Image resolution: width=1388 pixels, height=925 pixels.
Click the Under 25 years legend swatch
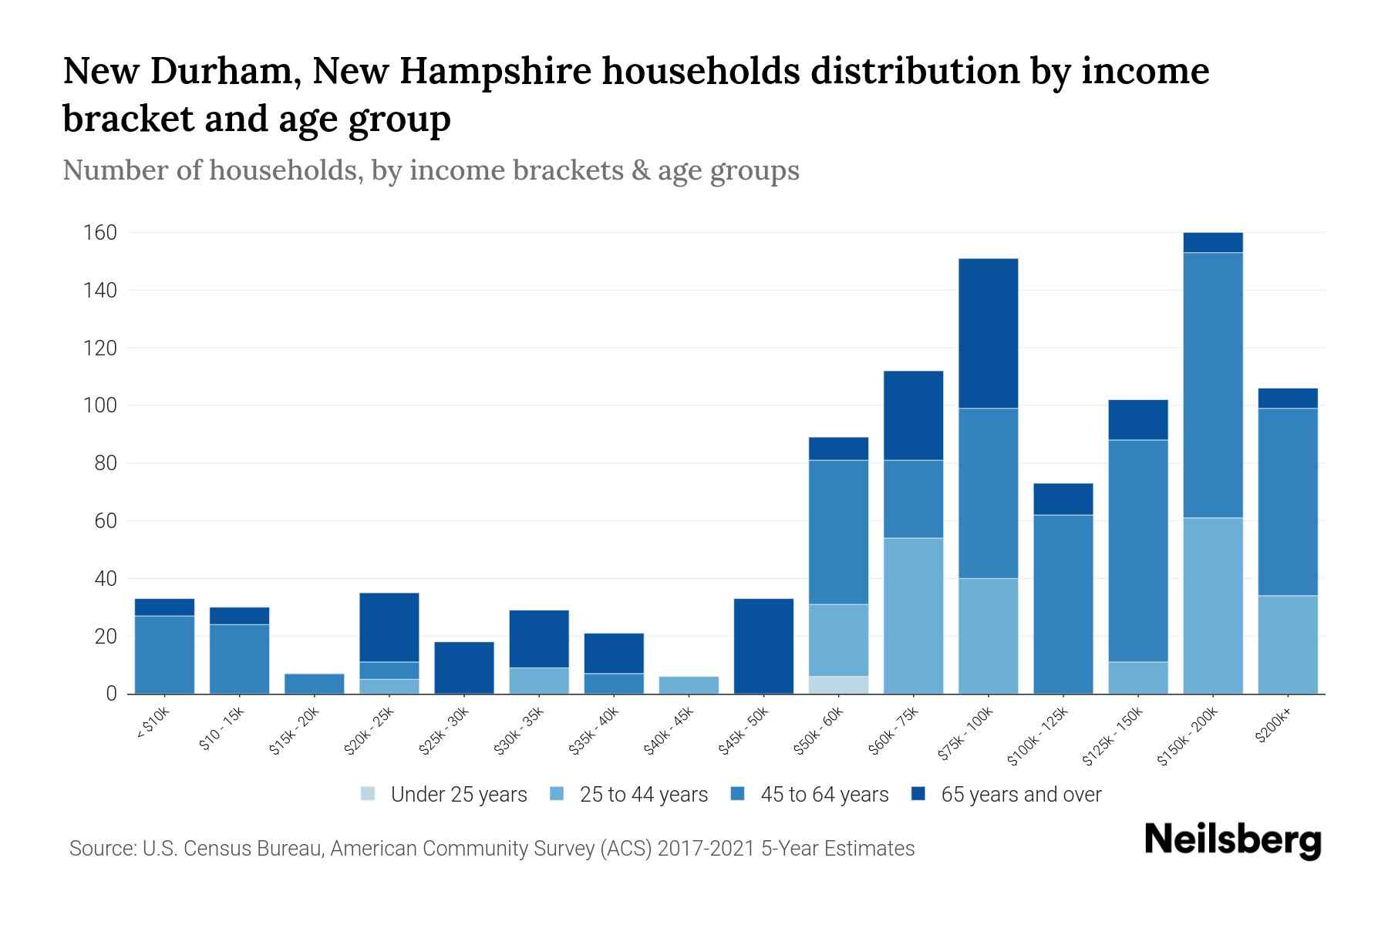(368, 794)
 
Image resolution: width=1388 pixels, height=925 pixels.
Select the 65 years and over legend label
(1021, 795)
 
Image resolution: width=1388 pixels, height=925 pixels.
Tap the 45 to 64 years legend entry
(824, 795)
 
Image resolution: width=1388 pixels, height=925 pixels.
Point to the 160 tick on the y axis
(100, 233)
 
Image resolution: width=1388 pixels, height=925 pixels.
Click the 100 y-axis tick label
(100, 405)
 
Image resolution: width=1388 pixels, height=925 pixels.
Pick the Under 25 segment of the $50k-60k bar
(838, 684)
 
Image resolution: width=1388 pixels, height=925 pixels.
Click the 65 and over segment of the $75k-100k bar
(988, 333)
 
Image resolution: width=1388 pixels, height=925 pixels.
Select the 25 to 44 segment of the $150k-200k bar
(1213, 605)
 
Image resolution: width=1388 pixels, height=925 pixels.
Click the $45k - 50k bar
(763, 646)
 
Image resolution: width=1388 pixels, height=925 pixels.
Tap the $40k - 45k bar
(689, 684)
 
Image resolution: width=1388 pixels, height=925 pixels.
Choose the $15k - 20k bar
(314, 684)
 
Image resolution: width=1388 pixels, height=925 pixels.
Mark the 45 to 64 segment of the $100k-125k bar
(1063, 604)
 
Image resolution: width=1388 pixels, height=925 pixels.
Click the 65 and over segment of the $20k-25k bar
(389, 627)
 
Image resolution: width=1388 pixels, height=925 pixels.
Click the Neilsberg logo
(1232, 840)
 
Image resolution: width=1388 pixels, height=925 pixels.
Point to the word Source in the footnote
(100, 849)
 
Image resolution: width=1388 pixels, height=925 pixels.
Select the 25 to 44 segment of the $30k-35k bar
(539, 680)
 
